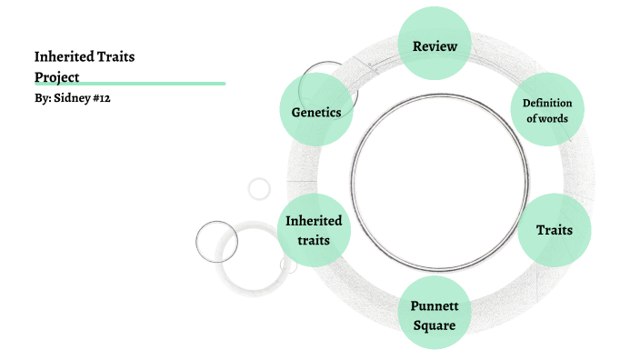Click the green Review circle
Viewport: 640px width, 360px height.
435,45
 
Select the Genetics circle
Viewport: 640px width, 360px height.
316,112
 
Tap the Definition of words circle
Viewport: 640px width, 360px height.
546,110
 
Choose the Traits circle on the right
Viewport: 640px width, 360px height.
554,229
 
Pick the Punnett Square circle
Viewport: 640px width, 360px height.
434,314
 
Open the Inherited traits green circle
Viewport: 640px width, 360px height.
314,230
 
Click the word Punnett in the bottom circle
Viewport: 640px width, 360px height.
434,305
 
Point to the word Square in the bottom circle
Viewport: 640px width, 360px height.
434,324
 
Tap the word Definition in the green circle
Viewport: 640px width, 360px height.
546,103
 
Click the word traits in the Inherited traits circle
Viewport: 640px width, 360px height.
314,240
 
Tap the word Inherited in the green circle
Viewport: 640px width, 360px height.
314,221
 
